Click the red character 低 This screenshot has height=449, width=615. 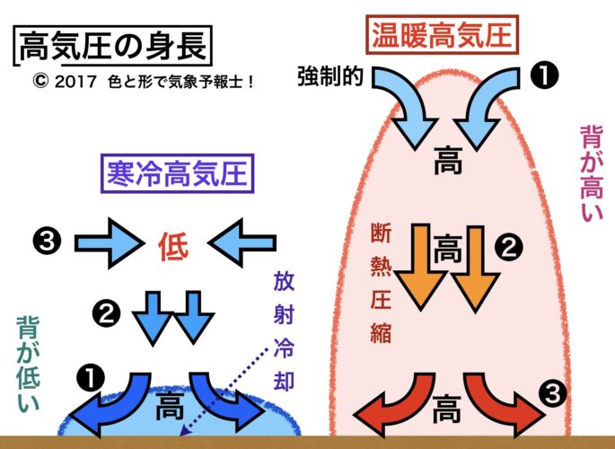[173, 243]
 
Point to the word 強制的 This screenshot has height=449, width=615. [329, 77]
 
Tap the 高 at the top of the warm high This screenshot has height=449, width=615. [446, 163]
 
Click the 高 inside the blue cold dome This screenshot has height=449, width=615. [170, 408]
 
